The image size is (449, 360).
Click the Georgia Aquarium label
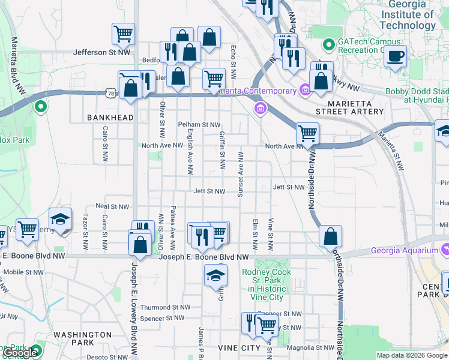(x=404, y=250)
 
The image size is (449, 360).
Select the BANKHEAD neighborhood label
(x=109, y=118)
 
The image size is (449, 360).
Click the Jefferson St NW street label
(x=101, y=52)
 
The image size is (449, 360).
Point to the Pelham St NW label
(x=199, y=125)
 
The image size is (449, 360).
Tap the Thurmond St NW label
(x=165, y=307)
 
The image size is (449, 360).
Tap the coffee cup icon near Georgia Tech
(x=395, y=57)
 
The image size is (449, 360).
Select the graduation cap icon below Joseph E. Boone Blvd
(x=216, y=276)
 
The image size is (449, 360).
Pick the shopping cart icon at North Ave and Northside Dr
(x=307, y=133)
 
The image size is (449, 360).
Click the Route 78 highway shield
(x=109, y=93)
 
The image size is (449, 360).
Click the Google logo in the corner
(x=19, y=353)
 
